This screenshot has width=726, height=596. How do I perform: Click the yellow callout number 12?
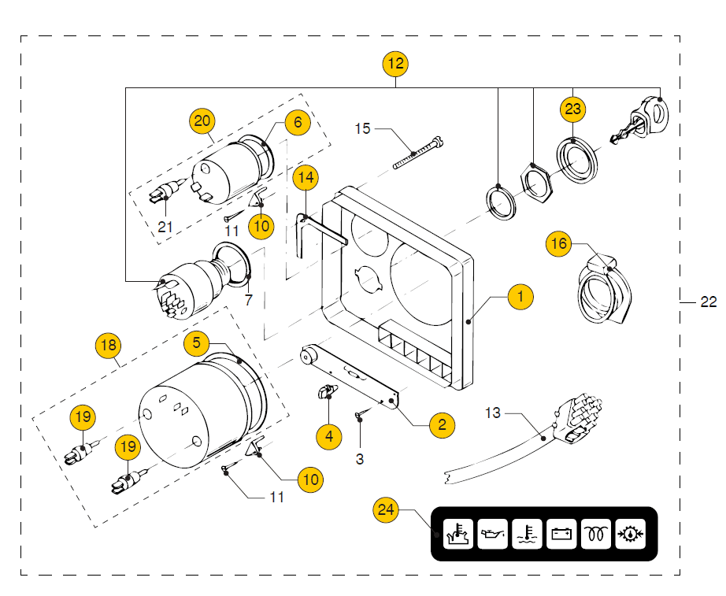coord(395,64)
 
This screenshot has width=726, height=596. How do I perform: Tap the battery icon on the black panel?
coord(561,534)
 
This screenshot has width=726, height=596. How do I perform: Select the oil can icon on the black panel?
coord(493,534)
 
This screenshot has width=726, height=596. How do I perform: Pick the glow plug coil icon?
coord(596,534)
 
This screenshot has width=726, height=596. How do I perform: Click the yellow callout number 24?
coord(386,510)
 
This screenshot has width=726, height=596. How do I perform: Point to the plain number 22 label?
coord(709,302)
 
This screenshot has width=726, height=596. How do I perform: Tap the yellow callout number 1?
coord(520,296)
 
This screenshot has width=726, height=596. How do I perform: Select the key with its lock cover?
coord(641,119)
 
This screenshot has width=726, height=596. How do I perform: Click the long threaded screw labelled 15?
coord(417,153)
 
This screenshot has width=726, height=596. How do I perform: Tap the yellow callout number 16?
coord(559,243)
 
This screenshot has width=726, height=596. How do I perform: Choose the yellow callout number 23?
coord(572,109)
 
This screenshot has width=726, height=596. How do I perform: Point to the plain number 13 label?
coord(493,413)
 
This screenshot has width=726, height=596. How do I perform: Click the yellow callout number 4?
coord(328,436)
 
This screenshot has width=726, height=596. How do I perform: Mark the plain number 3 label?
coord(360,459)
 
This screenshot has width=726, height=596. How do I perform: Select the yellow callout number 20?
coord(202,121)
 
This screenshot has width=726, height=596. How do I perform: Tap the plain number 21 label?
coord(165,227)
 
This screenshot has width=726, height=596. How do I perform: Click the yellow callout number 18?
coord(109,345)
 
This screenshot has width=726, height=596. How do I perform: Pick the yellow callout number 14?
coord(306,177)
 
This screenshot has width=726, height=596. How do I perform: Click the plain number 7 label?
coord(249,300)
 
